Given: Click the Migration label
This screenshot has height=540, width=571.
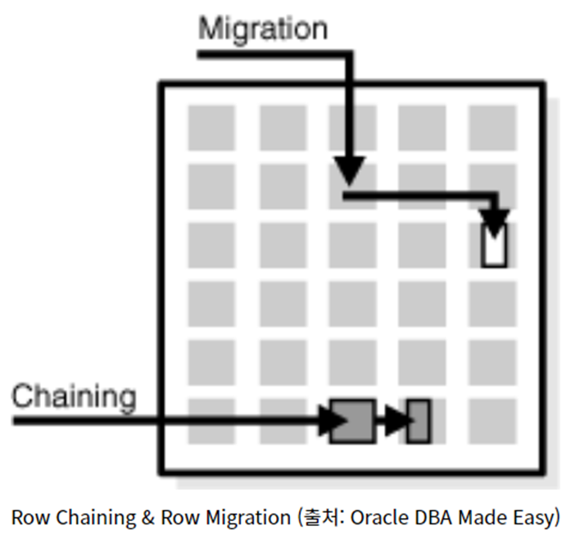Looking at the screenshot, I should pos(262,29).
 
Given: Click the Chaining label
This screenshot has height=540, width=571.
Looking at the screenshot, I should pos(74,397).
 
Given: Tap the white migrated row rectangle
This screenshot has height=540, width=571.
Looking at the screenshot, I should pos(494,246).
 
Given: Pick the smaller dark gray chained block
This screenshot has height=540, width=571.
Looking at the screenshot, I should pos(419,420).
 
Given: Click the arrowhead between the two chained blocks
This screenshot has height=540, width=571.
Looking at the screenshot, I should pos(396,420).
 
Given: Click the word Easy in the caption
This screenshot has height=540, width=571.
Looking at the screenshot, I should pos(537,518).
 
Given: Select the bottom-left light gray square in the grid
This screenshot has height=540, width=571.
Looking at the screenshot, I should pos(211,421).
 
